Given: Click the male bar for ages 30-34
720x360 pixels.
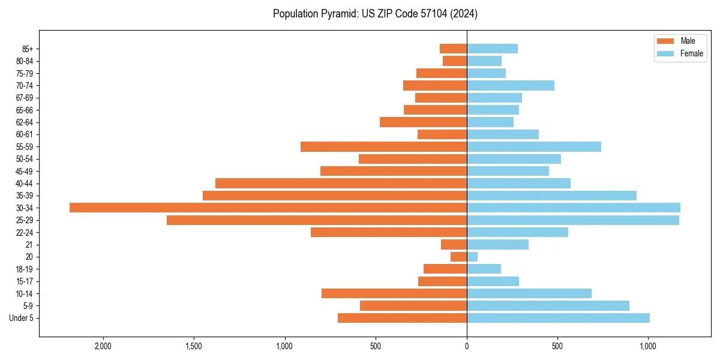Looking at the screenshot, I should [268, 208].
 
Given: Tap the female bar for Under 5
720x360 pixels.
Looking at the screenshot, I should [558, 318].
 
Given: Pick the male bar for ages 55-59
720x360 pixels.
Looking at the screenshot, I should [383, 146].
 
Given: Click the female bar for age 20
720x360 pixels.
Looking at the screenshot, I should [472, 257].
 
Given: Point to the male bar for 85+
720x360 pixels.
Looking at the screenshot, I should [453, 49].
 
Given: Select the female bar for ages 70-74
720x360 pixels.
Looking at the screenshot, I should [510, 85].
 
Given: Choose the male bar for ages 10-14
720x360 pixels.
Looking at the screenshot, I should [394, 293].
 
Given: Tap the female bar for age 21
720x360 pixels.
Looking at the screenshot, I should [497, 245].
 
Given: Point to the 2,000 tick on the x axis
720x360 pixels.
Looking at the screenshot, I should [103, 346].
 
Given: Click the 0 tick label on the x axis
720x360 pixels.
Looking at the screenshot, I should [467, 346].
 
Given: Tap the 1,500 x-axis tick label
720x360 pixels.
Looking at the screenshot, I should [194, 346].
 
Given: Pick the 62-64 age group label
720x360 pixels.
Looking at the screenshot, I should [25, 122].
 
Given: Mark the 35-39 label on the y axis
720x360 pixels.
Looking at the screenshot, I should [25, 196].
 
